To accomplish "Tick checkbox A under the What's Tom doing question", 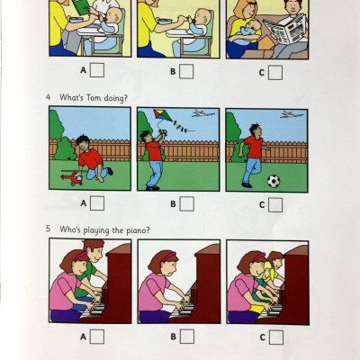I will coord(97,203).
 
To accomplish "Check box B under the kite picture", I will coord(186,203).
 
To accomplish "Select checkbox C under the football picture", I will coord(275,203).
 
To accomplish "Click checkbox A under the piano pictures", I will coord(97,337).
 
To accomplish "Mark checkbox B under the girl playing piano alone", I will coord(186,337).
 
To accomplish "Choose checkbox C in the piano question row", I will coord(275,337).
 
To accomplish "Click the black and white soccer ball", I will coord(274,180).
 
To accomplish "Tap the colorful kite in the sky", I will coord(162,117).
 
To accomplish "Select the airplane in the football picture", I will coord(287,114).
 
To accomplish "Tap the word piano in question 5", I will coord(131,229).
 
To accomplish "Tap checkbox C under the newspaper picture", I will coord(275,72).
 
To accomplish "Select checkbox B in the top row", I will coord(186,72).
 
